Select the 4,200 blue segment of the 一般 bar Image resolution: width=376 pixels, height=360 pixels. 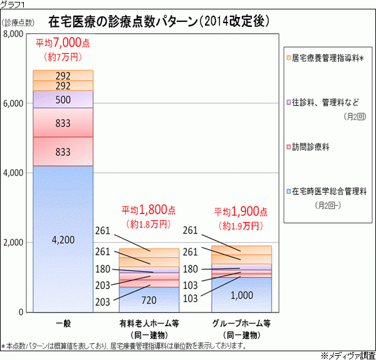[x=63, y=239]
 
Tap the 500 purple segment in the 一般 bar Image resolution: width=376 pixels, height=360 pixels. [x=63, y=100]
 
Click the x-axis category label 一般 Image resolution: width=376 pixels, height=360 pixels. [x=63, y=324]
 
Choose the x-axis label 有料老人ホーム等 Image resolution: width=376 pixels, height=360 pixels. [x=149, y=324]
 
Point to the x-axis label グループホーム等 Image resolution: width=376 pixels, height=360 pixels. [x=241, y=324]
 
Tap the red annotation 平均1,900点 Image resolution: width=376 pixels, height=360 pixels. [x=241, y=211]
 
